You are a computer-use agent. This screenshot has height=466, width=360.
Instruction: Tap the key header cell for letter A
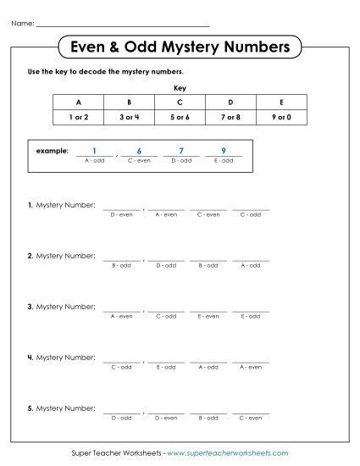[x=78, y=102]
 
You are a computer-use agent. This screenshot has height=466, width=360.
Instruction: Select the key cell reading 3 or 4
[x=129, y=117]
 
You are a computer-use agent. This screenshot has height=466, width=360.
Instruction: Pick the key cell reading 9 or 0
[x=281, y=117]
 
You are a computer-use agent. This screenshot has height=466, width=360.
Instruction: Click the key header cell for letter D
[x=230, y=102]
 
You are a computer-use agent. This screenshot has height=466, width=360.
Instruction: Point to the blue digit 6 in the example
[x=138, y=151]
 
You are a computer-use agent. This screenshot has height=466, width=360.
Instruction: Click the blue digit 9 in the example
[x=223, y=151]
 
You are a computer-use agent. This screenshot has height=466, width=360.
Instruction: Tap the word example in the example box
[x=52, y=151]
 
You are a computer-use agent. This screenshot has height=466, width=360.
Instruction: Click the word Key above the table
[x=180, y=87]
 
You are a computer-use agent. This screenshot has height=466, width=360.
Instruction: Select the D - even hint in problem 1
[x=122, y=214]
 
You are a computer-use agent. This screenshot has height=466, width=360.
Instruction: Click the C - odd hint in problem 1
[x=251, y=214]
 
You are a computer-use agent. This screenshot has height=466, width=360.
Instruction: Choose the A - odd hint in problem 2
[x=251, y=265]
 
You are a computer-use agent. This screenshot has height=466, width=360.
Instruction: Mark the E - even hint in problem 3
[x=208, y=316]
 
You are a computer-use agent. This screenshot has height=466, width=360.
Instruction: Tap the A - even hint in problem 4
[x=251, y=367]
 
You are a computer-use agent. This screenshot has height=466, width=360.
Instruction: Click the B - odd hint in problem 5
[x=208, y=418]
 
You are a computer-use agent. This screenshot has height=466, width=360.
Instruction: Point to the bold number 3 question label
[x=30, y=307]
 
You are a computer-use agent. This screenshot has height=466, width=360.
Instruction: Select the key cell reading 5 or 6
[x=180, y=117]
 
